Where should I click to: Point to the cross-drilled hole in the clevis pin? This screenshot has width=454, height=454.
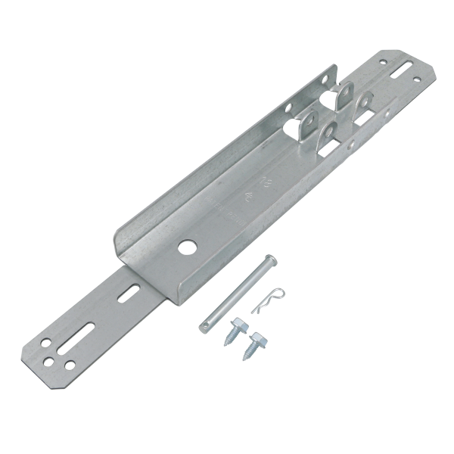coord(204,325)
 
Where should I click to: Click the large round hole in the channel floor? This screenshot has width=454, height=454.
coord(185,247)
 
